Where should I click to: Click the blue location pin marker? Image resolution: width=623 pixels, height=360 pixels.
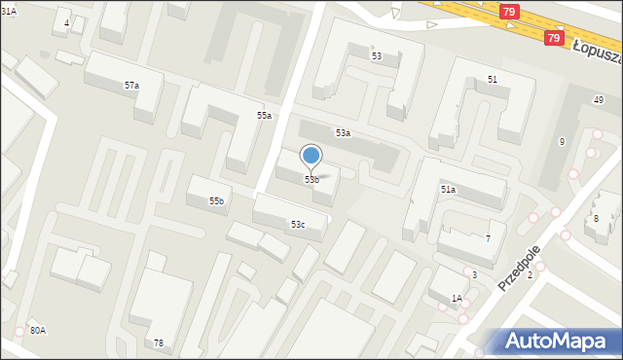311,156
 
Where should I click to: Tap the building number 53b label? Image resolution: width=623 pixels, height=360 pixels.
311,180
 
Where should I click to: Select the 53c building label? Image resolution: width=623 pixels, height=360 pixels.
297,225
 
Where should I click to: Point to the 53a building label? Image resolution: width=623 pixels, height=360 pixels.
343,133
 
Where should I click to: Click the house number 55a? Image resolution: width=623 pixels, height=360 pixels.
264,116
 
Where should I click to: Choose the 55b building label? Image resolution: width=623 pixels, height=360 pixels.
216,201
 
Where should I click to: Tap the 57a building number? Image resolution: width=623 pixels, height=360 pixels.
131,86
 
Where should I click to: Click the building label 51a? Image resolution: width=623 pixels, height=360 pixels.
448,190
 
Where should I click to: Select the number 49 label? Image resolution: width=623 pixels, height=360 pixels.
599,101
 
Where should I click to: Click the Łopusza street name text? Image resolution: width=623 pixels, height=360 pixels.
596,48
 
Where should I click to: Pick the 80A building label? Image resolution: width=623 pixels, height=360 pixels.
38,331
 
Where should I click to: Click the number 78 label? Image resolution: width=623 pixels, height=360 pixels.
158,343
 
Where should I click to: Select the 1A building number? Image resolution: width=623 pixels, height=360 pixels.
457,299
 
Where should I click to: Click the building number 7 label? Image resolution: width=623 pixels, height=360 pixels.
488,239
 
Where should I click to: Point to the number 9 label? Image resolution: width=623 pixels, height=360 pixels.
562,142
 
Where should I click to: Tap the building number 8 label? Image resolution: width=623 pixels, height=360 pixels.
596,219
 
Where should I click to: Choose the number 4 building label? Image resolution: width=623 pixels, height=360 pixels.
66,22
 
